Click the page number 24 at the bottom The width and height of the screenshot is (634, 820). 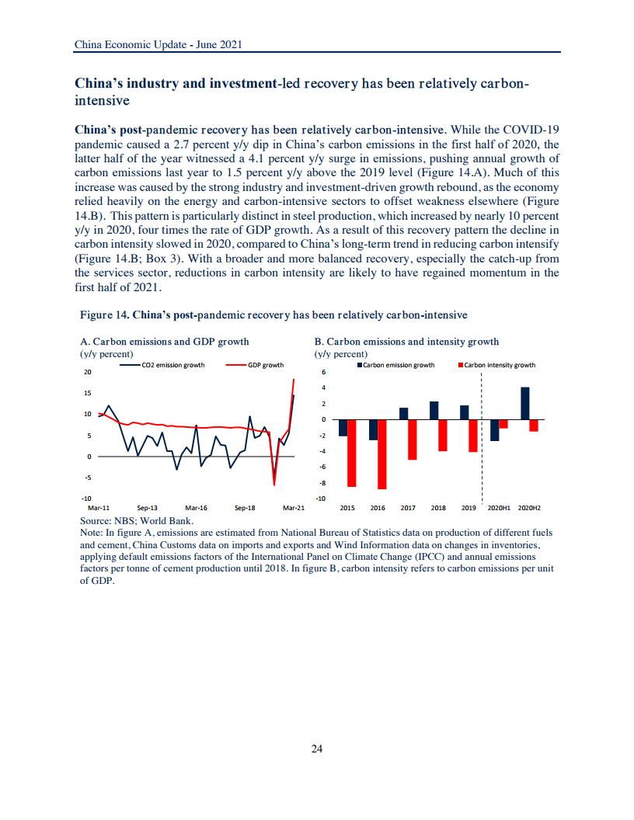click(x=316, y=749)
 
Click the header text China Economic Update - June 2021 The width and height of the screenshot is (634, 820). click(x=158, y=45)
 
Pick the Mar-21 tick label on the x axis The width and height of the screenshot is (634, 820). click(x=293, y=508)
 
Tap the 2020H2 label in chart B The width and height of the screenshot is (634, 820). click(x=529, y=508)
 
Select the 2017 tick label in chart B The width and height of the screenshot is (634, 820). click(x=408, y=508)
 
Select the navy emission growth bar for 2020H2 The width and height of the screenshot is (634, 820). click(x=525, y=403)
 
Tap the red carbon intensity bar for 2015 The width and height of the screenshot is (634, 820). click(x=351, y=453)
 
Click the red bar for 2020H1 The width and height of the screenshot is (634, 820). click(x=503, y=424)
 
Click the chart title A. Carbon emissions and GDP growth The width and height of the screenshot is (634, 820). click(x=165, y=342)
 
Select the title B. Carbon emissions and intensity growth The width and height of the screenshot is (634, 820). click(x=406, y=342)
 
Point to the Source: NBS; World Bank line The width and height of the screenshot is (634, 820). click(x=137, y=521)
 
